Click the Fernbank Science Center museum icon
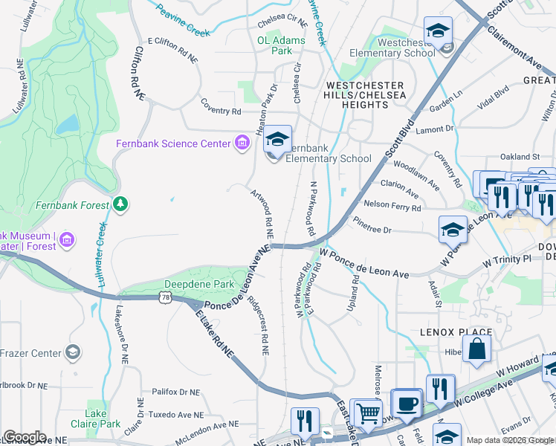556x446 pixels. [x=242, y=143]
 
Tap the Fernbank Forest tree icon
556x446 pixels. [x=120, y=203]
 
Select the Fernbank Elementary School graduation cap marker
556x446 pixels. [x=277, y=140]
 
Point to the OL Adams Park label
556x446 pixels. [x=275, y=46]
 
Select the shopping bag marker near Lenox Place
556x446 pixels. [x=476, y=347]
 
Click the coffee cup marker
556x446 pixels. [x=406, y=403]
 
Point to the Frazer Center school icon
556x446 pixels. [x=72, y=352]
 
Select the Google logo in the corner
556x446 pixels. [x=24, y=437]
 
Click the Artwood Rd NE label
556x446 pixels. [x=261, y=207]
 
